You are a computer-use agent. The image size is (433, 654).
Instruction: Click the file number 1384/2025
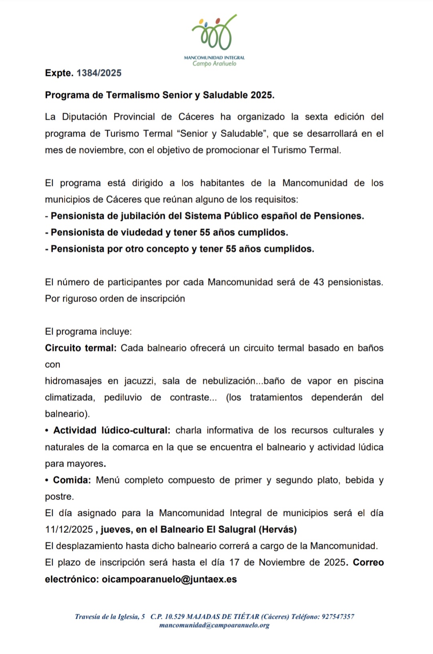(99, 73)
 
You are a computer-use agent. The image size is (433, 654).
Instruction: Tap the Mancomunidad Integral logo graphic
(214, 33)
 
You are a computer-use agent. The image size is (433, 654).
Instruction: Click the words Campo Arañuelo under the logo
(214, 64)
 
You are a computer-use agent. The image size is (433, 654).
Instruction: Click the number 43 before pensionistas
(318, 282)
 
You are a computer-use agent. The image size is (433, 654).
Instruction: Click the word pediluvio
(123, 397)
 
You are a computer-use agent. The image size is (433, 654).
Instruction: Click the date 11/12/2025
(69, 529)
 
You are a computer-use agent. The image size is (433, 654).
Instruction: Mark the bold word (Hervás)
(278, 529)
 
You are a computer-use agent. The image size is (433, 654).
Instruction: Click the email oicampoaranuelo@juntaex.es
(169, 579)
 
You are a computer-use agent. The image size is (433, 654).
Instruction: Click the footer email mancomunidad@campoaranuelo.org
(214, 625)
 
